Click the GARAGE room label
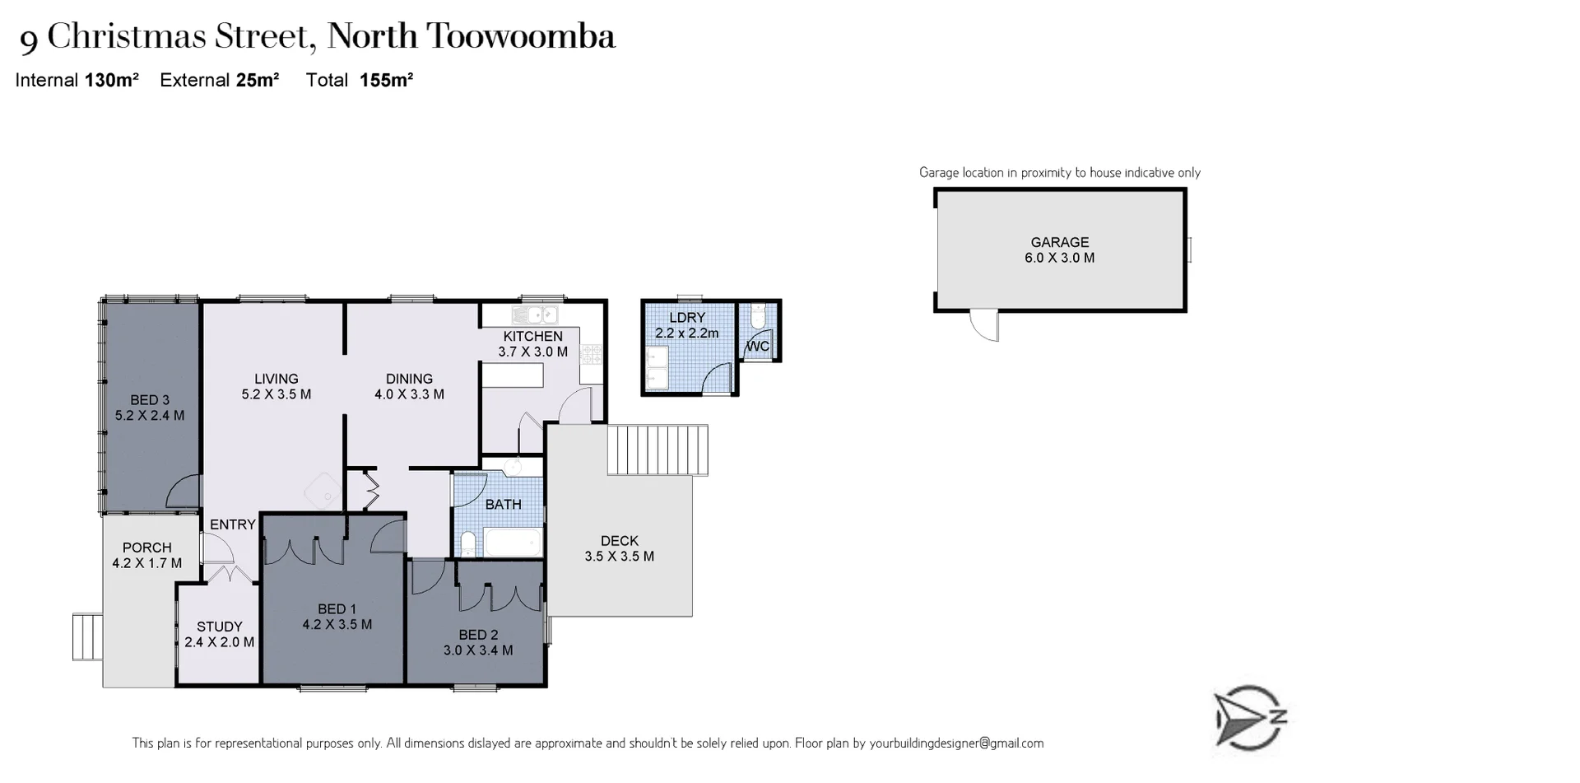tap(1059, 242)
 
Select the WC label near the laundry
tap(758, 347)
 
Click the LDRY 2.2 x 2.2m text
tap(686, 325)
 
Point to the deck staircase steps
tap(658, 450)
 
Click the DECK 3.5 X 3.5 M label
tap(619, 548)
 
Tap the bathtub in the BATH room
tap(512, 543)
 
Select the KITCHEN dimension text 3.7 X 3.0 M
tap(532, 352)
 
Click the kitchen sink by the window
tap(534, 315)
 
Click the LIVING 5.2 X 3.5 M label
tap(276, 386)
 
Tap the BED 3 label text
tap(149, 400)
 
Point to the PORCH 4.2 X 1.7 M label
tap(146, 555)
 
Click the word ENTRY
tap(232, 524)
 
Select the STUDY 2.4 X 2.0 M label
tap(219, 634)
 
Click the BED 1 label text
tap(337, 609)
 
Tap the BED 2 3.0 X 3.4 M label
tap(478, 642)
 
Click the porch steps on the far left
tap(86, 636)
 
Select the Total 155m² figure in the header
tap(360, 80)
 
